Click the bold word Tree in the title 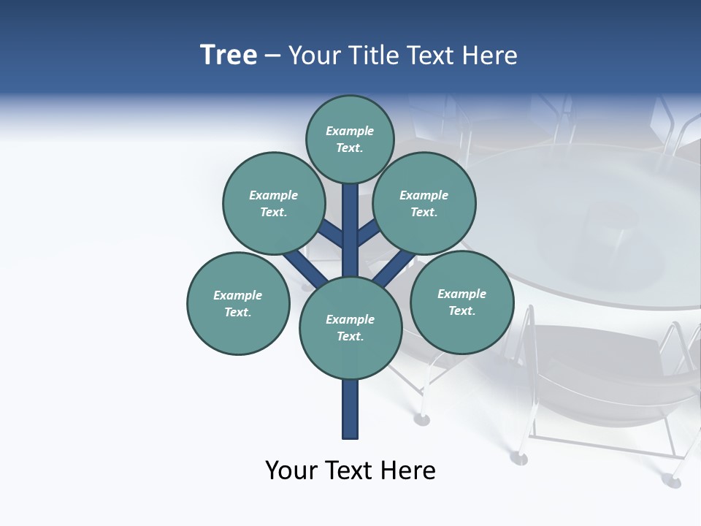229,56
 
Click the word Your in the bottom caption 291,470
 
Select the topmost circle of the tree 350,139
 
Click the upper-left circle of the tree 274,203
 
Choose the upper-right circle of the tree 424,203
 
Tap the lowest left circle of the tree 238,303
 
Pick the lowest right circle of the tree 461,302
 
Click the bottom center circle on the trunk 350,328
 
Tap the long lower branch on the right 395,269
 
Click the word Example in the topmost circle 350,131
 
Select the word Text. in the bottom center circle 350,337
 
